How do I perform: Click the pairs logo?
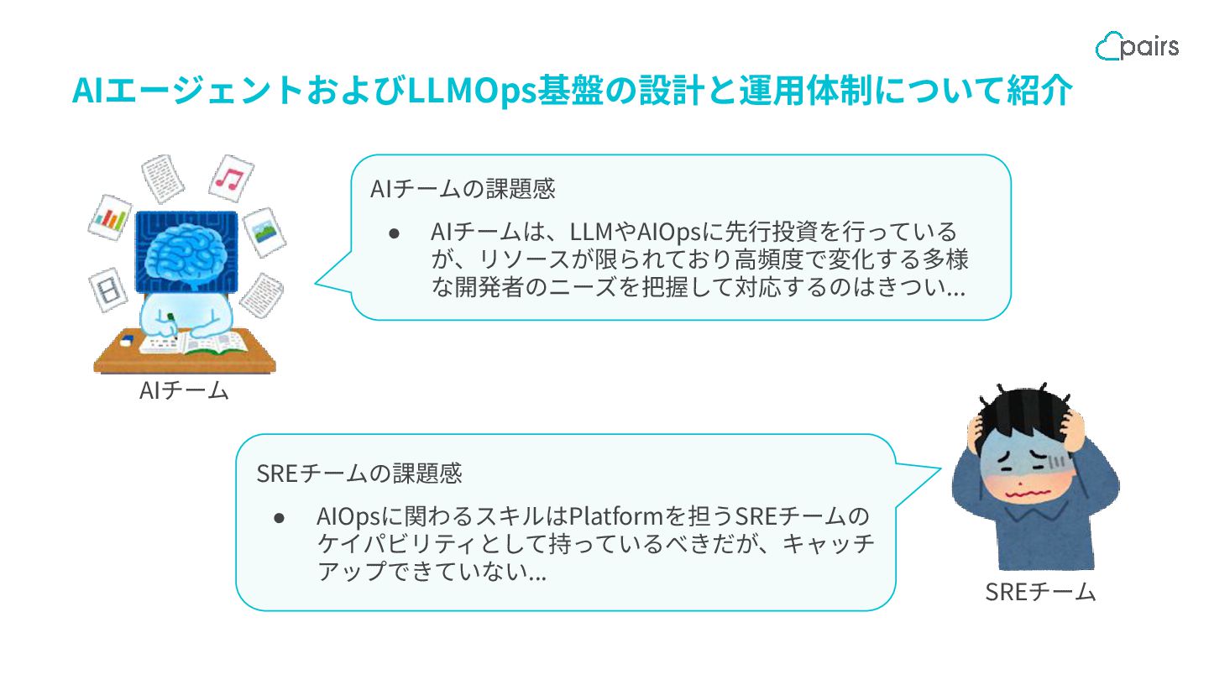point(1137,46)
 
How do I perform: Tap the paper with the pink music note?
point(230,177)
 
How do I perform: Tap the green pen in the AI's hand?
point(172,323)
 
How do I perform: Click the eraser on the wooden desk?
point(127,341)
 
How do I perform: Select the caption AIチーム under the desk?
point(184,390)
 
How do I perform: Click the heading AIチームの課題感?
point(463,189)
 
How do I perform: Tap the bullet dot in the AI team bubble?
point(393,232)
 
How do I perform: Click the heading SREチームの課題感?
point(359,473)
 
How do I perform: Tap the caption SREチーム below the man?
point(1040,592)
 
